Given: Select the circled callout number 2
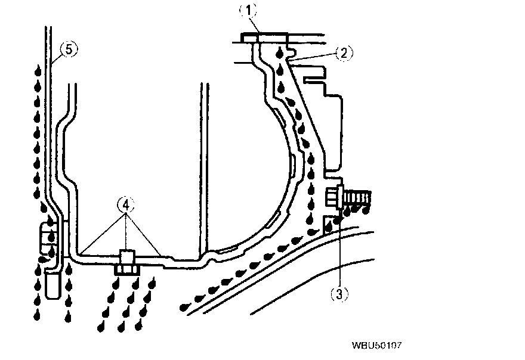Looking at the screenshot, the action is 345,53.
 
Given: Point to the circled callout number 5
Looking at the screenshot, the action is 69,49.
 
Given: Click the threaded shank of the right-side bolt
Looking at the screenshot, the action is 356,197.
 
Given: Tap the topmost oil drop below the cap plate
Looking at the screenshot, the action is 280,54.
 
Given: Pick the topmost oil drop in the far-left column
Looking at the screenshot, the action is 39,70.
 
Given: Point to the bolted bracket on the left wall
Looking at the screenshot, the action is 48,241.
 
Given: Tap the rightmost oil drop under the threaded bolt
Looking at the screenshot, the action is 365,209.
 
